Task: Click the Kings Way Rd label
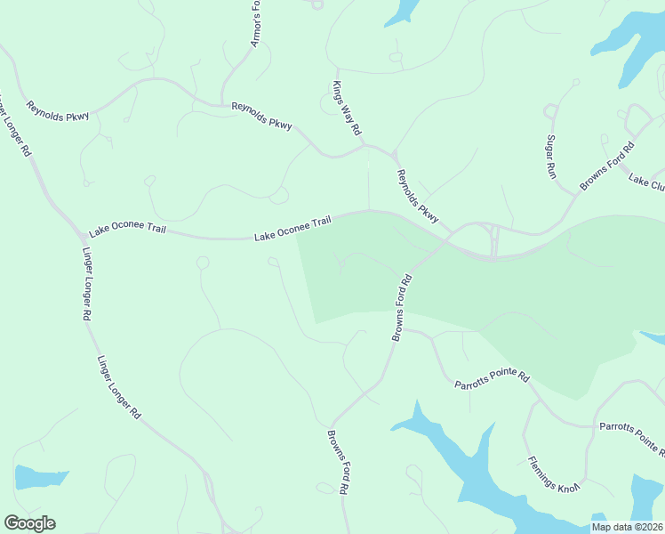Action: [x=346, y=108]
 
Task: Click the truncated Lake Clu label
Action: [x=646, y=182]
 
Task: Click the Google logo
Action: [x=29, y=523]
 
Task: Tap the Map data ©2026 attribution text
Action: [x=626, y=527]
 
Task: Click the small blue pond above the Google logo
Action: [x=40, y=478]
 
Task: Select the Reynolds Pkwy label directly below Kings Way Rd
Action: [x=417, y=195]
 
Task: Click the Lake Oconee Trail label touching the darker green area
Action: [x=292, y=228]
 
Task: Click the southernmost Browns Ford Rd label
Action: [x=336, y=463]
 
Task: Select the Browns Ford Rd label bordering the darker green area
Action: [x=403, y=307]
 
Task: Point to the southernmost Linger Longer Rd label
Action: [x=118, y=388]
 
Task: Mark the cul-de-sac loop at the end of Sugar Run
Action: [x=549, y=110]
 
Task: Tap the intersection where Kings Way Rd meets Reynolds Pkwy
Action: [x=367, y=145]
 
